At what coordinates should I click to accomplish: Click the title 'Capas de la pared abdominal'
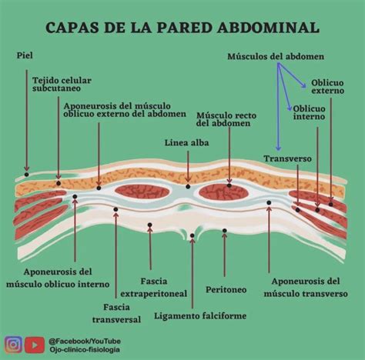[182, 28]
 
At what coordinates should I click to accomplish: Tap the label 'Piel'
[24, 56]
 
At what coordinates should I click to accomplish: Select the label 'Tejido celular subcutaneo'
[59, 85]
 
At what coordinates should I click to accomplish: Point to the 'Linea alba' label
[186, 143]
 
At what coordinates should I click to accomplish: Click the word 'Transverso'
[287, 158]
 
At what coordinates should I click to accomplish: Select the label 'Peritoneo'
[226, 289]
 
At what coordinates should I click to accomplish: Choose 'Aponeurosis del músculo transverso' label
[305, 287]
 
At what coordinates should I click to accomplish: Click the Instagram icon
[12, 345]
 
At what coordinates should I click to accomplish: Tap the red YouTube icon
[34, 345]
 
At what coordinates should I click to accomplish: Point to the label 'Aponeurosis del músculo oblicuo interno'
[58, 278]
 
